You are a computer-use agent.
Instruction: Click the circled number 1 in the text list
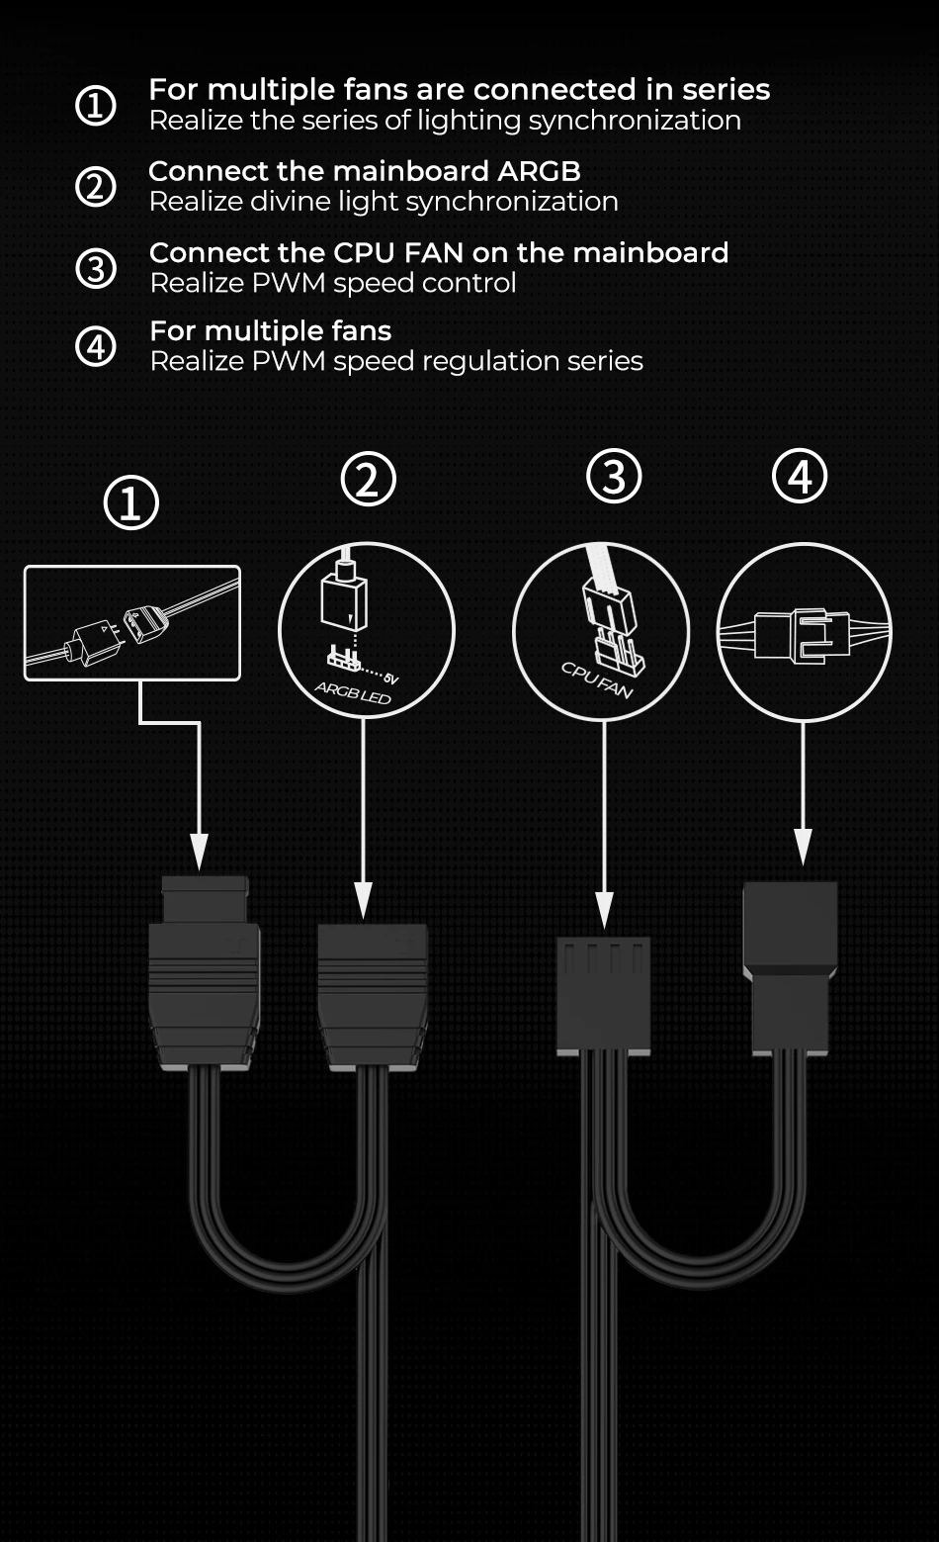[95, 105]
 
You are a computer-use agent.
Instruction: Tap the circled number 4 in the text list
[95, 345]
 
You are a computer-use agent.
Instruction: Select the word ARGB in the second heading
[539, 171]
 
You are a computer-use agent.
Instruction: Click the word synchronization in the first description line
[635, 121]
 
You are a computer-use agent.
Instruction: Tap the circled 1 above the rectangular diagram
[130, 502]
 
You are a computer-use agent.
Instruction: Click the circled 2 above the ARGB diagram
[368, 479]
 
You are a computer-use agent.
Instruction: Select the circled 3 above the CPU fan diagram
[614, 477]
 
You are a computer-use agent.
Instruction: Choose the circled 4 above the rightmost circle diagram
[800, 477]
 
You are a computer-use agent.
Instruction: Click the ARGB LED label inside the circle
[352, 692]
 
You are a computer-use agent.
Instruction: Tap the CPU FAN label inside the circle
[596, 680]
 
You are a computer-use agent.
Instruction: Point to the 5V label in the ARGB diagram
[390, 679]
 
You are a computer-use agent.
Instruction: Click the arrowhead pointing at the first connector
[199, 853]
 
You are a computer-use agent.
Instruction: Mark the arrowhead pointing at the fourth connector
[803, 846]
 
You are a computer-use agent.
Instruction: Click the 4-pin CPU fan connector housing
[603, 996]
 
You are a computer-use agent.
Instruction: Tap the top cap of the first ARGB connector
[205, 899]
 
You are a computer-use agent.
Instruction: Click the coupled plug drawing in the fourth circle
[803, 635]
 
